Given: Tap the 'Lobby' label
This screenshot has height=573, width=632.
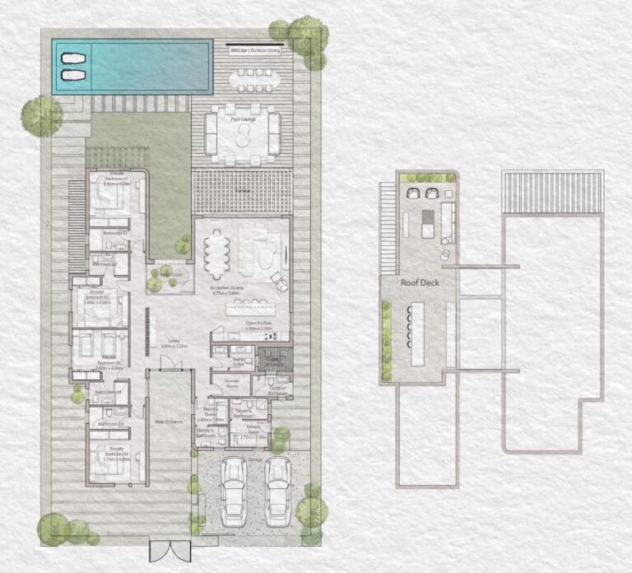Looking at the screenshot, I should tap(174, 342).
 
